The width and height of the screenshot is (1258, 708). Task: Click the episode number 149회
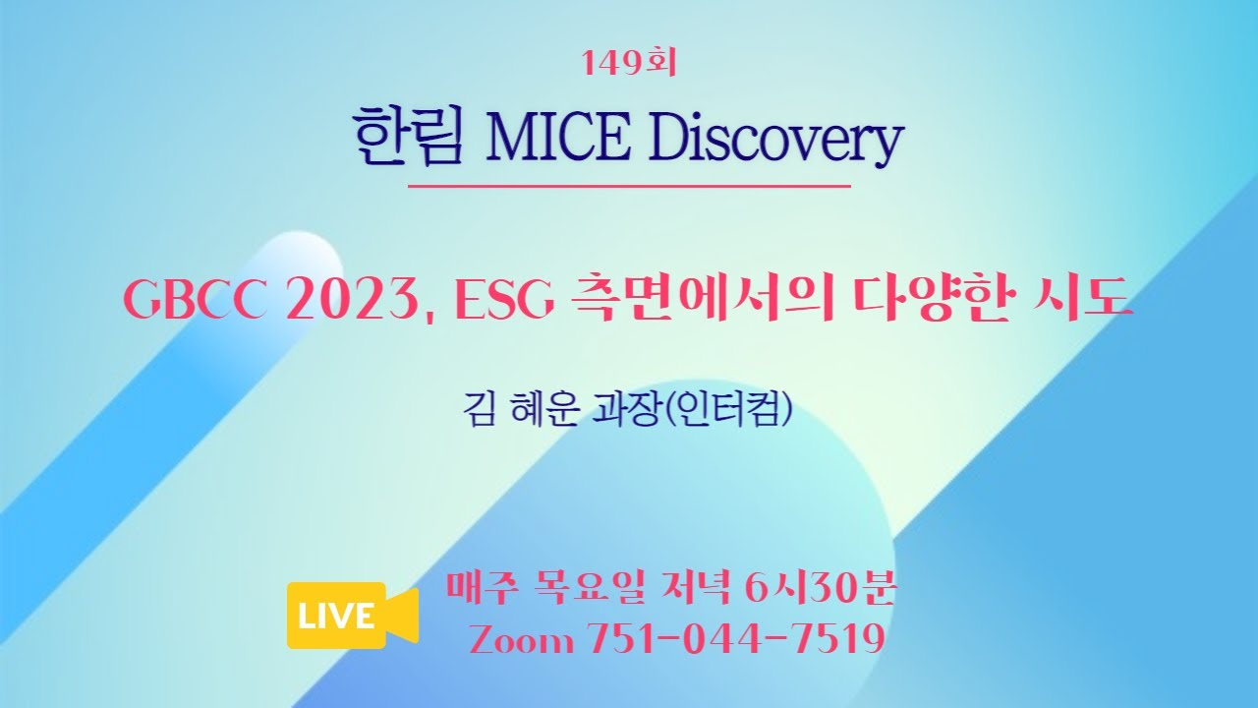click(x=629, y=63)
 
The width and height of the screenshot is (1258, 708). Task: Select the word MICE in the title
click(x=558, y=138)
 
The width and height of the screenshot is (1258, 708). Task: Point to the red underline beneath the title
click(x=629, y=185)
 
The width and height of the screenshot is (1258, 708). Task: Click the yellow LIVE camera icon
click(x=353, y=616)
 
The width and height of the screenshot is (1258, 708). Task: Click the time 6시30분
click(x=819, y=588)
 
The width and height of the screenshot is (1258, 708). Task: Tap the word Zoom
click(x=522, y=639)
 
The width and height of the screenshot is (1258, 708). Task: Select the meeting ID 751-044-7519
click(x=736, y=638)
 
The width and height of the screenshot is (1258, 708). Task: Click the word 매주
click(x=481, y=588)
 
